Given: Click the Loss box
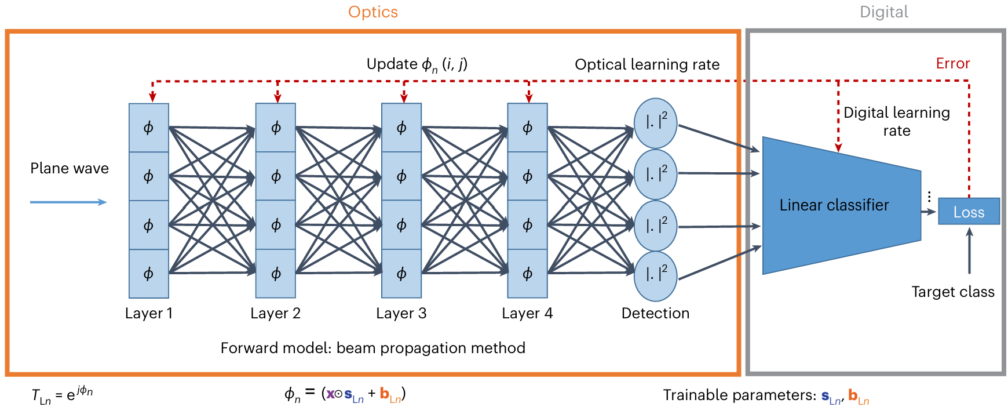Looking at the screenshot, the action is click(969, 212).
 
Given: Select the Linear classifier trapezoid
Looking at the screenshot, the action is click(841, 205).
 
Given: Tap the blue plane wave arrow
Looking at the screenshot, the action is click(68, 202).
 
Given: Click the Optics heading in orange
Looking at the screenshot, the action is click(373, 12).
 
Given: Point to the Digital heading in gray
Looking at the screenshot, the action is click(884, 12).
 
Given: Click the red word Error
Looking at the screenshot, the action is click(953, 63).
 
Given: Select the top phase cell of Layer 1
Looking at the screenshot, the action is click(149, 128).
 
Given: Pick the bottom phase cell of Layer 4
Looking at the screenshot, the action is click(527, 274).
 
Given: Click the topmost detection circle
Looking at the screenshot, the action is click(656, 123).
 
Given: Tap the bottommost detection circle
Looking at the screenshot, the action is click(656, 276).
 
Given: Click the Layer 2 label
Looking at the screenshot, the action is click(276, 314).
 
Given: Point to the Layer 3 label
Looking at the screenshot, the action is click(401, 314).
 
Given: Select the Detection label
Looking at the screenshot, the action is click(656, 313).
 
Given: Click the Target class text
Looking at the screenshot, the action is click(953, 292).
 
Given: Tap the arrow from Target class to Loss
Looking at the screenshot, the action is click(969, 250).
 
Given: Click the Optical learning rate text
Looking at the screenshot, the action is click(647, 64).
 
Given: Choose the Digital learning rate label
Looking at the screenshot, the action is click(897, 121).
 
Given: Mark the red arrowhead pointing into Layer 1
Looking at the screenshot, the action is click(152, 98).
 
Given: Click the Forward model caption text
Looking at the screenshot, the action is click(373, 348).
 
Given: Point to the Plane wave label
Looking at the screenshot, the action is click(70, 168).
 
